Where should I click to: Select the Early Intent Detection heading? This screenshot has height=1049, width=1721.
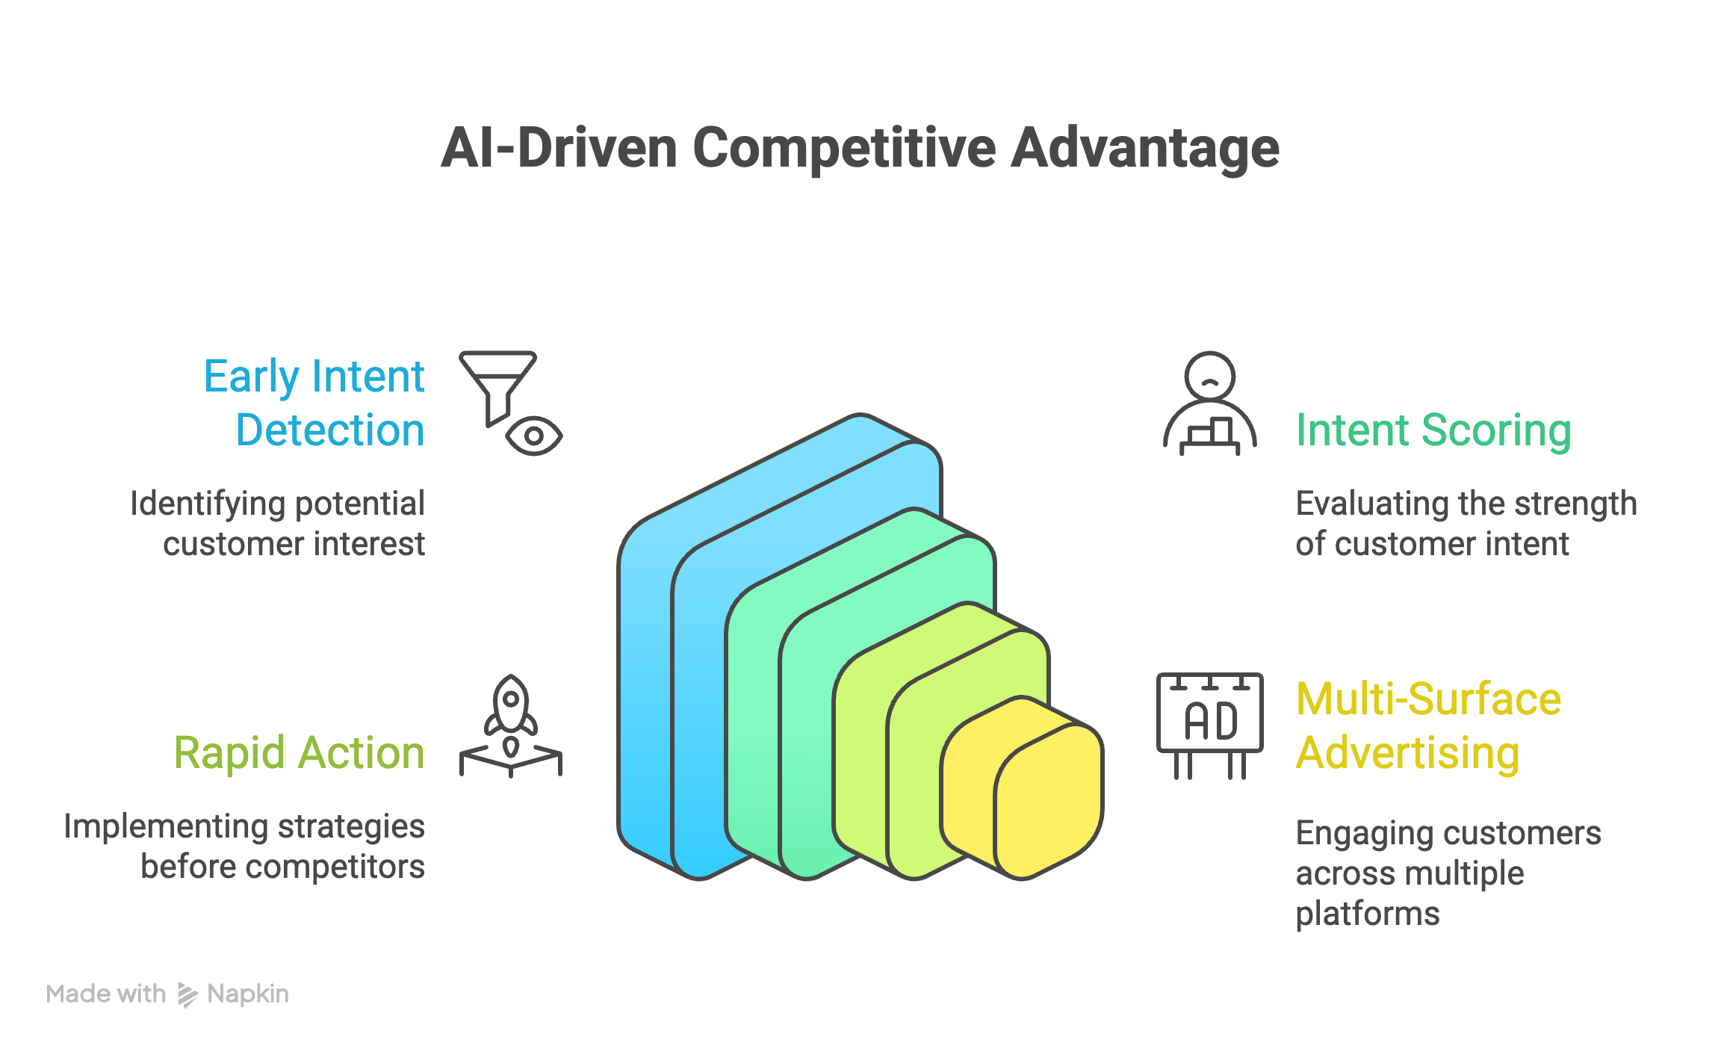(x=314, y=403)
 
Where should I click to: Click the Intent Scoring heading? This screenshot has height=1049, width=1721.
(x=1433, y=430)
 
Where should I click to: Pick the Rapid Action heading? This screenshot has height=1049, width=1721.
(x=299, y=752)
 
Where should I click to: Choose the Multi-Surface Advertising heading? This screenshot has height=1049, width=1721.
(x=1427, y=725)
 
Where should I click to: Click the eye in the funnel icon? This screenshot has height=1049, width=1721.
(x=533, y=436)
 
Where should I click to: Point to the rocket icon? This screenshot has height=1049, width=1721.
(x=511, y=711)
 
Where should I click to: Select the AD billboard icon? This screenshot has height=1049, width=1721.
(x=1209, y=722)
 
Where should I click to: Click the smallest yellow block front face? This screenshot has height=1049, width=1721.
(x=1049, y=802)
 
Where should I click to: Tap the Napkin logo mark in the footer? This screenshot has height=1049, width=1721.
(x=187, y=994)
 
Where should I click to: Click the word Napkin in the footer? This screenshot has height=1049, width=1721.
(x=248, y=994)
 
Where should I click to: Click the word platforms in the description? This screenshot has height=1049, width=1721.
(x=1367, y=914)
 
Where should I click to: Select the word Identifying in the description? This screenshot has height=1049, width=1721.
(x=195, y=504)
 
